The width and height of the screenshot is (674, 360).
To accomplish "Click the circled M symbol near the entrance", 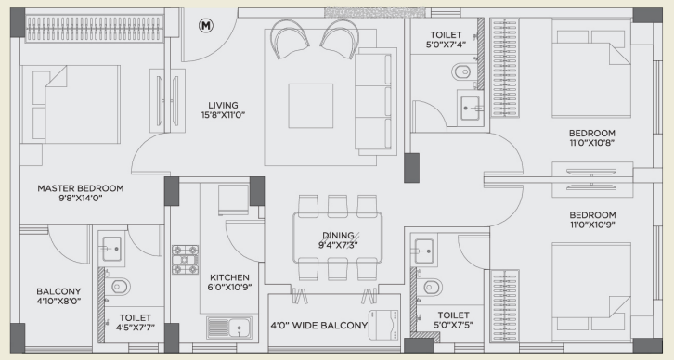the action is click(206, 26).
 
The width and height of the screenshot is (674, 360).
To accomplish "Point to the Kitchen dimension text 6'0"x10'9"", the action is click(229, 287).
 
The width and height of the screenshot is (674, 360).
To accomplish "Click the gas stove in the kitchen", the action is click(186, 260).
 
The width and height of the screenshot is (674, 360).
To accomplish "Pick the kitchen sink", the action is click(229, 328).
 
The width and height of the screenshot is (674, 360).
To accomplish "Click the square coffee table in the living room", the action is click(311, 106).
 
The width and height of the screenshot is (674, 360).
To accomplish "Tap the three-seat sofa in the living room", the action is click(375, 101).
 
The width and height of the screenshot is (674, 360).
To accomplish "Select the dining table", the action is click(337, 238).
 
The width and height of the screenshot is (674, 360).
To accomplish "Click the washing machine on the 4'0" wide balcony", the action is click(383, 325).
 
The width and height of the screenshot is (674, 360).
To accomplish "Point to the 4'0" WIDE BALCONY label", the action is click(319, 326).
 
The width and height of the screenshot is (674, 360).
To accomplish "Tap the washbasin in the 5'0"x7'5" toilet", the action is click(424, 251).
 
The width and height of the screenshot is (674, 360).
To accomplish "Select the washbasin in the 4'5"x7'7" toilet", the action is click(111, 249).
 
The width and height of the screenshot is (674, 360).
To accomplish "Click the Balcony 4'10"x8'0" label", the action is click(58, 296).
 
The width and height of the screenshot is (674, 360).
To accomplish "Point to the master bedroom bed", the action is click(71, 105).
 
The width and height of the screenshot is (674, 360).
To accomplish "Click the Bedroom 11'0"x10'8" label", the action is click(592, 138).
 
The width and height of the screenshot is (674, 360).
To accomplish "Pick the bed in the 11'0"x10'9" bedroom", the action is click(591, 287).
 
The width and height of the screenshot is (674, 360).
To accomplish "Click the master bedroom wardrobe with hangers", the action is click(95, 29).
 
